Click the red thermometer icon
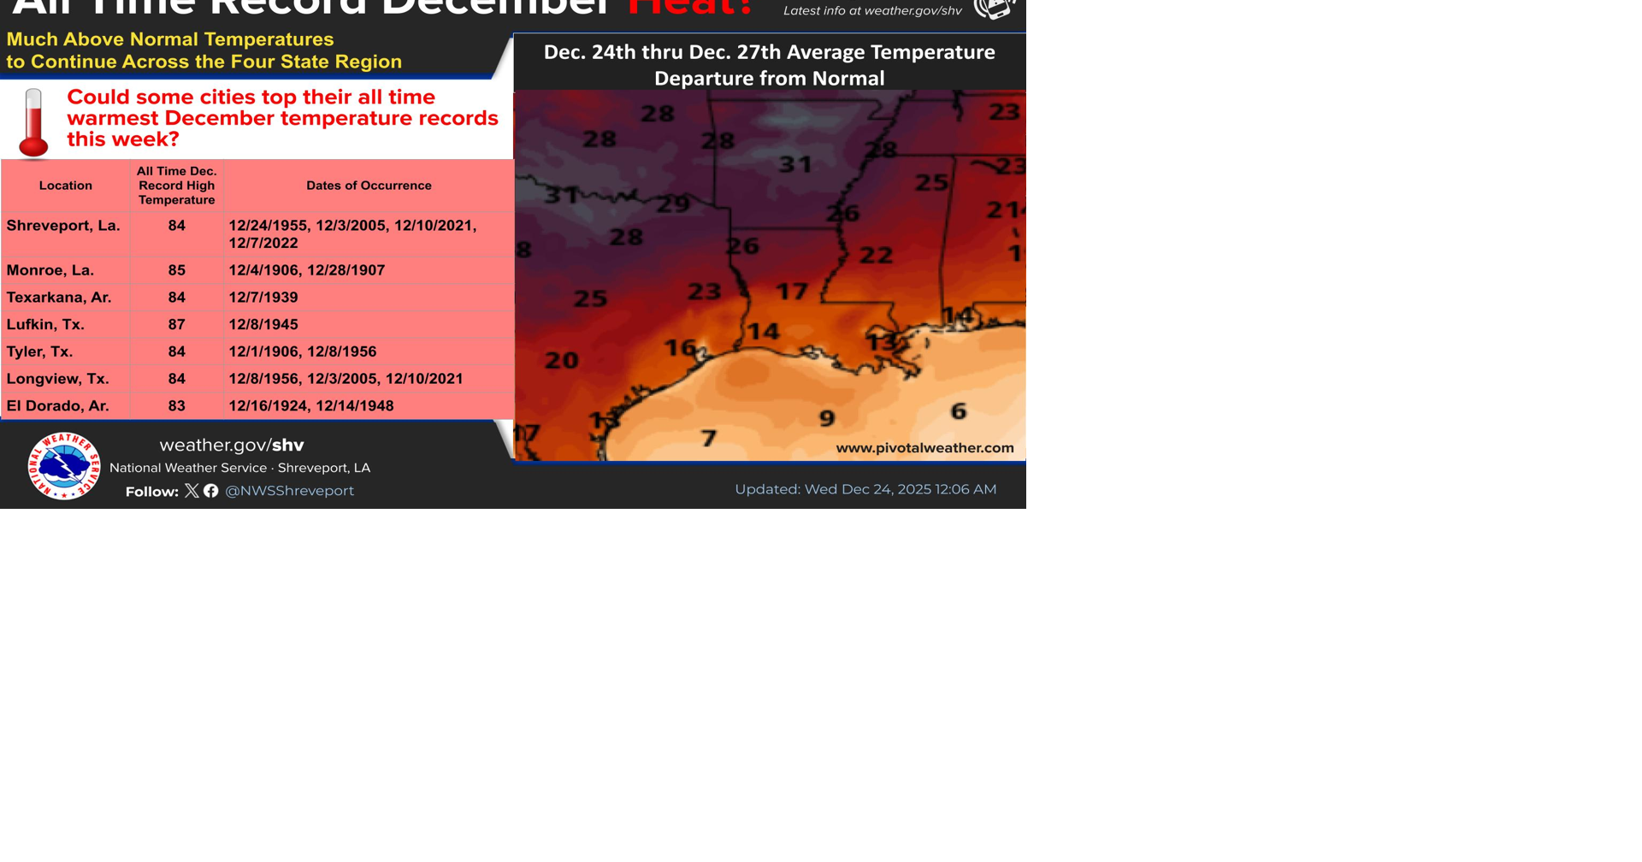(33, 123)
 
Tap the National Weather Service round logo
(64, 466)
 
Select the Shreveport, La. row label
(63, 226)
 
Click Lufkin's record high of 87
(176, 325)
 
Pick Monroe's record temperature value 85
(176, 270)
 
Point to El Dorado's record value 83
(176, 406)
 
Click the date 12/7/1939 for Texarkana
(263, 298)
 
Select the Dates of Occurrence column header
(369, 186)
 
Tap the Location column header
(66, 186)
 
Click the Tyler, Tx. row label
(39, 351)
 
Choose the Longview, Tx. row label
(57, 379)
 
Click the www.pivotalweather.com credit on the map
(924, 448)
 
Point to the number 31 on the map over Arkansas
(795, 164)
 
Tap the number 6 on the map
(959, 411)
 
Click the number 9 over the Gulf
(827, 418)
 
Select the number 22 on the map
(876, 255)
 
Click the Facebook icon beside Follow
(211, 491)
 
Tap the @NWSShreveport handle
(289, 491)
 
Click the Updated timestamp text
(865, 489)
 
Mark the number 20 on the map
(562, 361)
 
